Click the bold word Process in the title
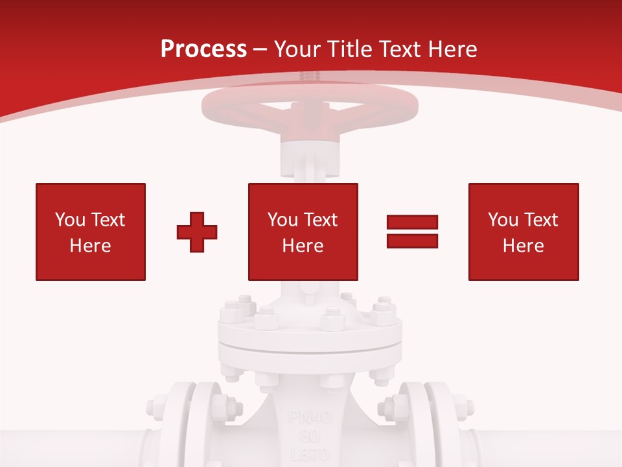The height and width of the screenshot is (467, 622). [x=203, y=49]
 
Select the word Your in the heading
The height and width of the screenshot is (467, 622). [x=299, y=49]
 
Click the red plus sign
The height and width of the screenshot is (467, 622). [x=197, y=232]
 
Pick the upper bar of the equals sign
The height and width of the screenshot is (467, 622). [x=413, y=222]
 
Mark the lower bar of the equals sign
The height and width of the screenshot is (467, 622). [x=413, y=241]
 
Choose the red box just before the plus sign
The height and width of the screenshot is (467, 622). [x=91, y=232]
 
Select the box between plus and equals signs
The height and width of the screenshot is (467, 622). [x=303, y=232]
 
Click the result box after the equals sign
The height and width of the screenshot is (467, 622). [x=524, y=232]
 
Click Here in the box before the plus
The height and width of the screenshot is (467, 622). [x=91, y=246]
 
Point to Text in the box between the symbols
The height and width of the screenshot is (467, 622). [x=320, y=220]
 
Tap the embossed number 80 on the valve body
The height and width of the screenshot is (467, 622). [x=308, y=435]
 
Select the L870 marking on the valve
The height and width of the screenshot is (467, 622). [x=308, y=453]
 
